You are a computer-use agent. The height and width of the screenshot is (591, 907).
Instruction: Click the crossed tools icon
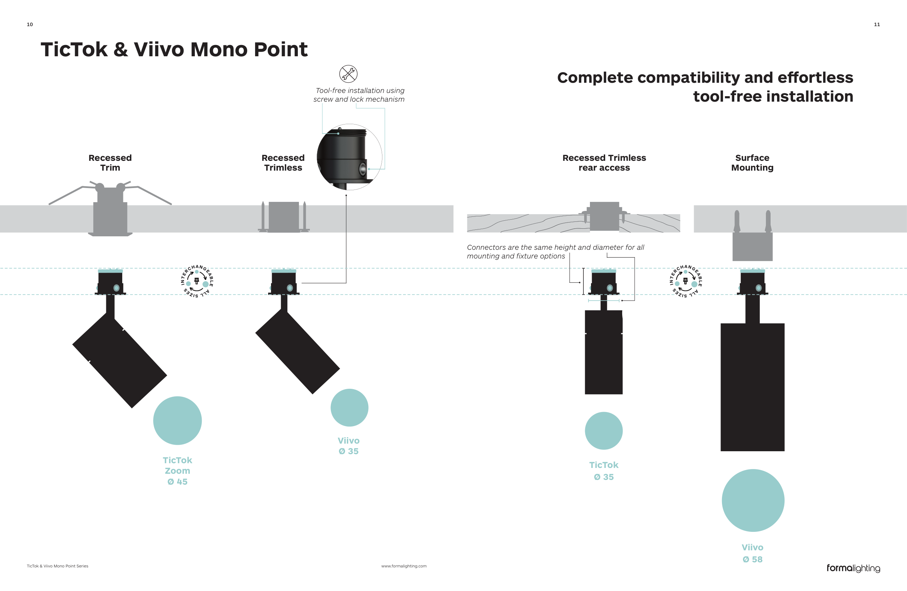pos(348,74)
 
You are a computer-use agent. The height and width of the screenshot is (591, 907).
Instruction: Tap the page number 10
pos(30,24)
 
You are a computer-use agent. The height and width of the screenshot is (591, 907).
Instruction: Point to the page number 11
pos(877,24)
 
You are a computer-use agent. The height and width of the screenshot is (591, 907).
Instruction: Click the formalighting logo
pos(853,568)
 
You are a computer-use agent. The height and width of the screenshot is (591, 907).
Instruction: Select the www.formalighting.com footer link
pos(403,566)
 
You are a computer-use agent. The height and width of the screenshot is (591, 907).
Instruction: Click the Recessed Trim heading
pos(110,163)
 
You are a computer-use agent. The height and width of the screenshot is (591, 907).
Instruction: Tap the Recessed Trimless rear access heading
pos(604,163)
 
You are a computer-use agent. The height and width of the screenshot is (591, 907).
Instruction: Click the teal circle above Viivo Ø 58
pos(753,500)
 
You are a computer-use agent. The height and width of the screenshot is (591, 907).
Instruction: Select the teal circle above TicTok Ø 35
pos(604,431)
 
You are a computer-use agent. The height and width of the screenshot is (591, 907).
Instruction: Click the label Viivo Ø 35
pos(348,446)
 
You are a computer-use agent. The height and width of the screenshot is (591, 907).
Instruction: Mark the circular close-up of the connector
pos(349,157)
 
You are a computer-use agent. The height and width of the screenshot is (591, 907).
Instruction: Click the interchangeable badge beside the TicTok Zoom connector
pos(197,281)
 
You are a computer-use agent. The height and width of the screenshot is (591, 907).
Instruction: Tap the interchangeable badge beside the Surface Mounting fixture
pos(685,281)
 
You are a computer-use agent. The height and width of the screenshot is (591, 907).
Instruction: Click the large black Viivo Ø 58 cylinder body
pos(752,387)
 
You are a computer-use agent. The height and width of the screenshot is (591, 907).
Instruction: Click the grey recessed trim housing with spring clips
pos(110,213)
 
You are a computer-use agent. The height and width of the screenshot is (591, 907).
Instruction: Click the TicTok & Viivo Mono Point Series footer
pos(57,566)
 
